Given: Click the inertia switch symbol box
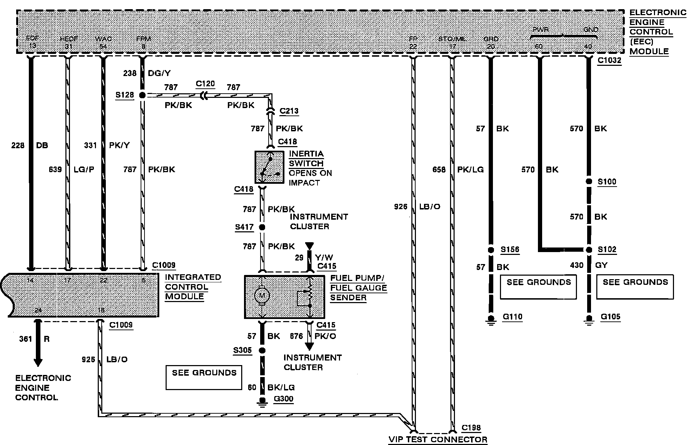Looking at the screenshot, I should click(269, 167).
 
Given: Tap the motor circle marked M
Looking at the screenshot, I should click(262, 295).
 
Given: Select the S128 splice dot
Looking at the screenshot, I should click(142, 95).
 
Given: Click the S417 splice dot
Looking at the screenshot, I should click(262, 227).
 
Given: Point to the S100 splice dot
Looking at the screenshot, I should click(589, 182).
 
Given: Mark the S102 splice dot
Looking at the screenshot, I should click(589, 250).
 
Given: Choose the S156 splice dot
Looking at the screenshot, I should click(491, 250).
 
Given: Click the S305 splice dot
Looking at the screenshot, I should click(262, 351).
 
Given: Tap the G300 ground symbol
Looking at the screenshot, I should click(262, 401).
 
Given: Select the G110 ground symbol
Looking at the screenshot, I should click(491, 319).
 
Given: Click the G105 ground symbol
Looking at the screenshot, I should click(589, 319).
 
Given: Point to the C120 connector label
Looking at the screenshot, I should click(205, 84).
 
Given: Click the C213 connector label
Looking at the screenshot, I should click(289, 111).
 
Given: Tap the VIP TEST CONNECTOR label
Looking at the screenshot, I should click(438, 439).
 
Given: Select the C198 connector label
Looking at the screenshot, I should click(471, 428).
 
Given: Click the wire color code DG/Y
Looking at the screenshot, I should click(159, 73).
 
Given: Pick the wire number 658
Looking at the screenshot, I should click(439, 170).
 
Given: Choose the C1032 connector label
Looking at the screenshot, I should click(609, 60).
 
